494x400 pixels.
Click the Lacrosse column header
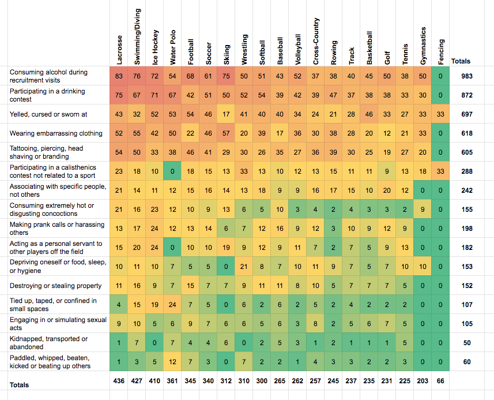(x=119, y=50)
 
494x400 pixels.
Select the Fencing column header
(x=441, y=52)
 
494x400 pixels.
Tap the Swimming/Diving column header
(x=137, y=36)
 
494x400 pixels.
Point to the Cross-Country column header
(x=316, y=42)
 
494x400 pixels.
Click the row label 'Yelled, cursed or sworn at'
(x=48, y=114)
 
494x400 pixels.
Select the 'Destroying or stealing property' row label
(x=55, y=286)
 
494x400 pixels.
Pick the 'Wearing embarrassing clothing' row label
(x=56, y=133)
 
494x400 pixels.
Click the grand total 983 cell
(x=467, y=76)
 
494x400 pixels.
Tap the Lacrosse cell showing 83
(x=119, y=76)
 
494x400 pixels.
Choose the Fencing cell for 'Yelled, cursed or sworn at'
(x=440, y=114)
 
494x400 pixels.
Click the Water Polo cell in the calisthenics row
(x=172, y=171)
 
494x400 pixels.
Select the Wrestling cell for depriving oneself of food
(x=244, y=267)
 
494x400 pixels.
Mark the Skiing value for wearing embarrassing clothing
(x=226, y=133)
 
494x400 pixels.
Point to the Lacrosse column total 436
(x=119, y=381)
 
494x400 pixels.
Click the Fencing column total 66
(x=440, y=381)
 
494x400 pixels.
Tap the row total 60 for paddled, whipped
(x=467, y=362)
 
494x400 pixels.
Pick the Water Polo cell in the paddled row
(x=172, y=362)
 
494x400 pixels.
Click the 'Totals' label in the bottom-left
(x=19, y=385)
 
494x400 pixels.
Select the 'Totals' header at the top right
(x=461, y=61)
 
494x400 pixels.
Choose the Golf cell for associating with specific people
(x=387, y=190)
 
